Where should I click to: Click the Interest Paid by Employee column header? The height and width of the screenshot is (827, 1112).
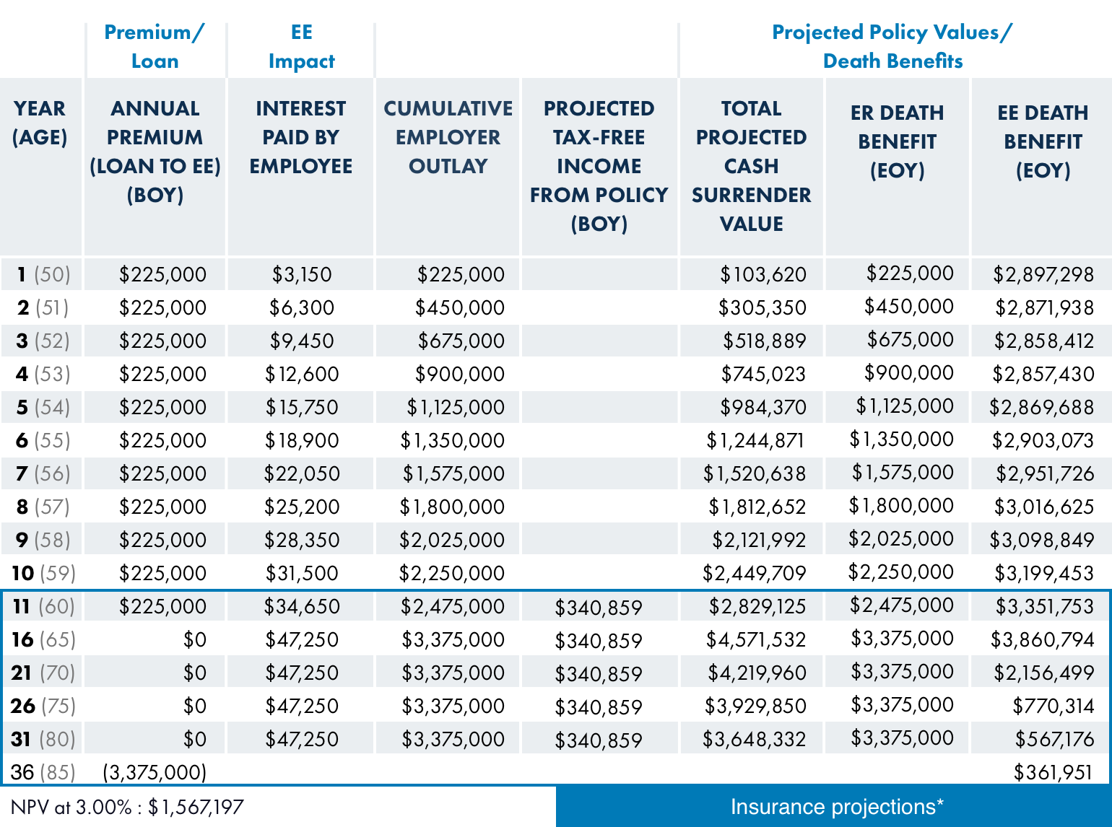point(300,137)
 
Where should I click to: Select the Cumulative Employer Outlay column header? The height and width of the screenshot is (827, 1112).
point(448,137)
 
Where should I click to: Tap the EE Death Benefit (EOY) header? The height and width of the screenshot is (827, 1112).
point(1043,141)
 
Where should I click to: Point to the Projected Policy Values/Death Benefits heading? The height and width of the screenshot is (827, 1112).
point(892,46)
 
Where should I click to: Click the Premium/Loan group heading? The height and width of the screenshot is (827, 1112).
point(155,46)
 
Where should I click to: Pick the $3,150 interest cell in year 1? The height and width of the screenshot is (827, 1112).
point(302,274)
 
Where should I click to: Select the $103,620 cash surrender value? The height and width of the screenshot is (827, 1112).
point(763,274)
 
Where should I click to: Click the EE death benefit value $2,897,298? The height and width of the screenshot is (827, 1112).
point(1043,274)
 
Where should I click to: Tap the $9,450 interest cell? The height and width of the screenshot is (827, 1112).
point(302,341)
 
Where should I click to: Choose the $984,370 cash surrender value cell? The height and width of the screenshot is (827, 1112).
point(763,407)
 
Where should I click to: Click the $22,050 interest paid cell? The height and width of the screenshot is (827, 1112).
point(302,473)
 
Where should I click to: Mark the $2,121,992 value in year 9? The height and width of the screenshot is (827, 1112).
point(759,540)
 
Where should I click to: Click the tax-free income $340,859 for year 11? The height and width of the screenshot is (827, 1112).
point(599,608)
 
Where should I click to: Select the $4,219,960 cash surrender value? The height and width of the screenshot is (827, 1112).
point(757,673)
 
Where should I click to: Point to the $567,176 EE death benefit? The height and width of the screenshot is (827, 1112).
point(1054,739)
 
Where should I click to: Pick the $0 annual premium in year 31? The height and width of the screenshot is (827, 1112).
point(195,739)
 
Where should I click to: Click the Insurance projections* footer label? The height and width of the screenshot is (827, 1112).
point(837,807)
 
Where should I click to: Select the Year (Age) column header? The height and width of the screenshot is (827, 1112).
point(40,123)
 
